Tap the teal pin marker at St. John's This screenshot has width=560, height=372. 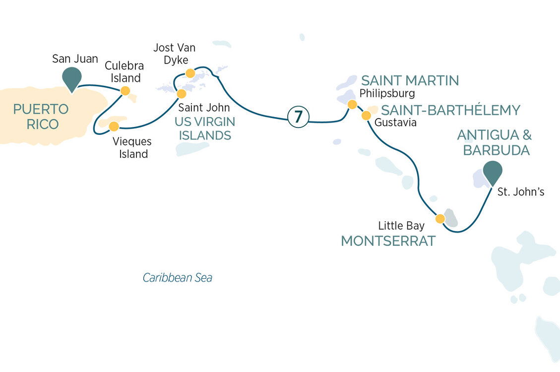click(x=493, y=173)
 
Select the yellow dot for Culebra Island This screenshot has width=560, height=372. click(x=125, y=91)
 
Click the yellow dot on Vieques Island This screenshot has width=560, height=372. click(x=114, y=125)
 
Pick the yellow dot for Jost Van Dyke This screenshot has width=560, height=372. click(x=189, y=73)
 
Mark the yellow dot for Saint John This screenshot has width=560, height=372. click(x=182, y=93)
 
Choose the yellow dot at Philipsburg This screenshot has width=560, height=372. click(x=352, y=104)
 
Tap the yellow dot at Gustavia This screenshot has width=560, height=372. click(x=366, y=116)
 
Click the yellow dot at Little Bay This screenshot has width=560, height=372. click(x=439, y=218)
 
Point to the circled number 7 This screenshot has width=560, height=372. click(x=298, y=117)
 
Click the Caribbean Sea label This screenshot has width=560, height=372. click(x=177, y=278)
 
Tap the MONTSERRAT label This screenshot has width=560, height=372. click(x=388, y=242)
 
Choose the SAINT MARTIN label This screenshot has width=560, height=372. click(x=410, y=80)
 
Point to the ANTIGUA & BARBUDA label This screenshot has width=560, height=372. click(x=493, y=142)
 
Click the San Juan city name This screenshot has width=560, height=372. click(x=75, y=59)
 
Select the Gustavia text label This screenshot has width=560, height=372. click(x=395, y=122)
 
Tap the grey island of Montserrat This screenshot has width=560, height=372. click(x=451, y=217)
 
